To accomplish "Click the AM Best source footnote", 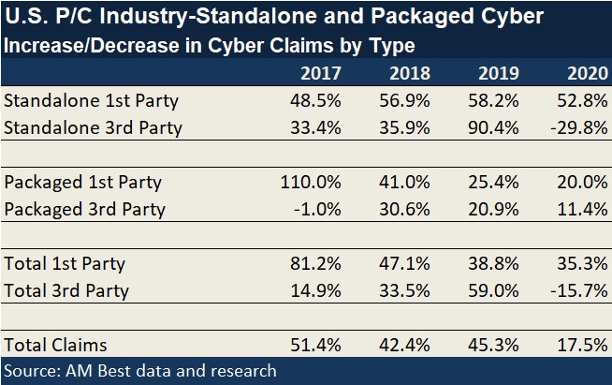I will [140, 371].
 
